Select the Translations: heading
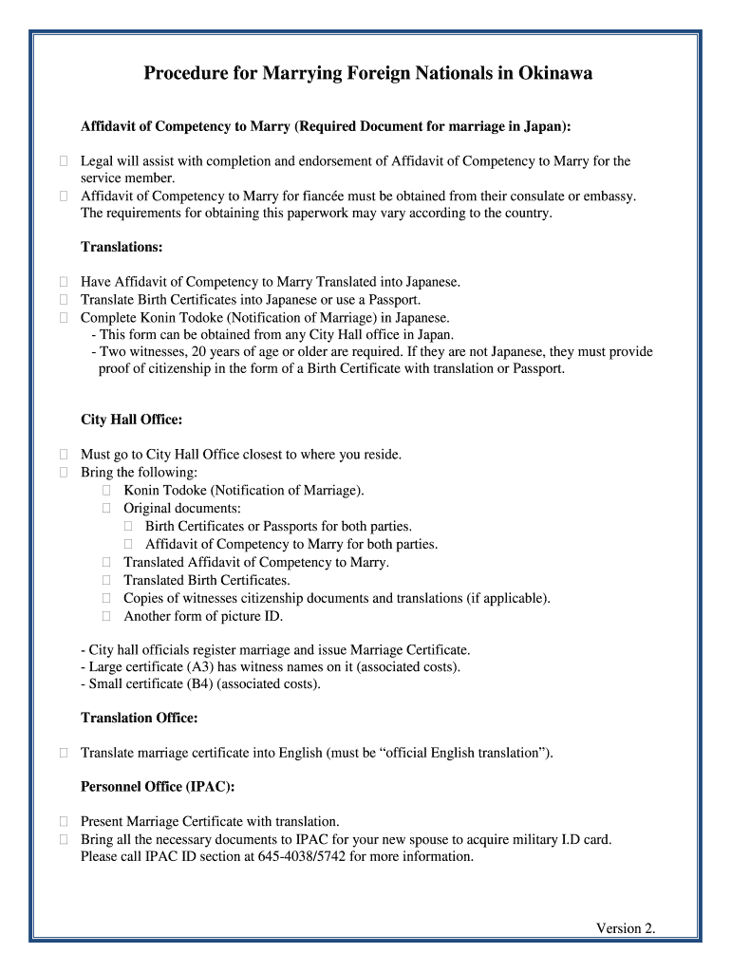(x=122, y=247)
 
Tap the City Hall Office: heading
(x=131, y=420)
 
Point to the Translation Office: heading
(x=139, y=718)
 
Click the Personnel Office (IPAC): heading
(x=158, y=787)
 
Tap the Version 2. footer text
(x=626, y=928)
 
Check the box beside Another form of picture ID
(x=106, y=616)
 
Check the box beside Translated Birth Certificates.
(x=106, y=580)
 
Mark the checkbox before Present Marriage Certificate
(x=63, y=821)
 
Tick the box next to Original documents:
(x=106, y=509)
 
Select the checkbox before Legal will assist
(x=63, y=161)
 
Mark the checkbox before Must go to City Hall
(x=63, y=455)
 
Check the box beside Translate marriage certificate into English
(x=63, y=753)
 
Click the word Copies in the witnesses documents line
(x=146, y=598)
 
